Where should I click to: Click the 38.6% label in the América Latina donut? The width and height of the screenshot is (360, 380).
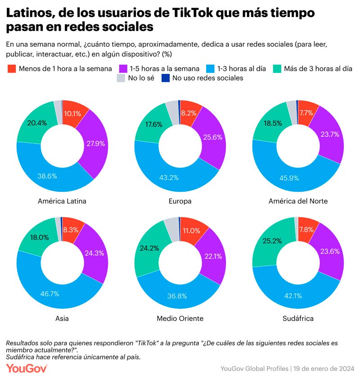pyautogui.click(x=47, y=176)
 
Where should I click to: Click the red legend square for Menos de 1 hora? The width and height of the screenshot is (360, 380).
pyautogui.click(x=12, y=68)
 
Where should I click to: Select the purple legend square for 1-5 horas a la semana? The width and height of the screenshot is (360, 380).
pyautogui.click(x=122, y=68)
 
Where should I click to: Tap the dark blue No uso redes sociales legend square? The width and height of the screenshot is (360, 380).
pyautogui.click(x=165, y=78)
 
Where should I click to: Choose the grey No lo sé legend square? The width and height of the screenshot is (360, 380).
pyautogui.click(x=120, y=78)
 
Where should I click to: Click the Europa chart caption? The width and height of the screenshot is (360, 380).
pyautogui.click(x=180, y=201)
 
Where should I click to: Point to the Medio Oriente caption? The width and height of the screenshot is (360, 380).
pyautogui.click(x=180, y=318)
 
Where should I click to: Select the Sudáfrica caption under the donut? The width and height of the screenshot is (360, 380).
pyautogui.click(x=298, y=318)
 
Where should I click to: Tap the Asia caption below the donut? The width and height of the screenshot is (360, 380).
pyautogui.click(x=62, y=318)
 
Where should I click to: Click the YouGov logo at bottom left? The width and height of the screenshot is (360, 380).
pyautogui.click(x=27, y=368)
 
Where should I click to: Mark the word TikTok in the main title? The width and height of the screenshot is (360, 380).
pyautogui.click(x=192, y=13)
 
